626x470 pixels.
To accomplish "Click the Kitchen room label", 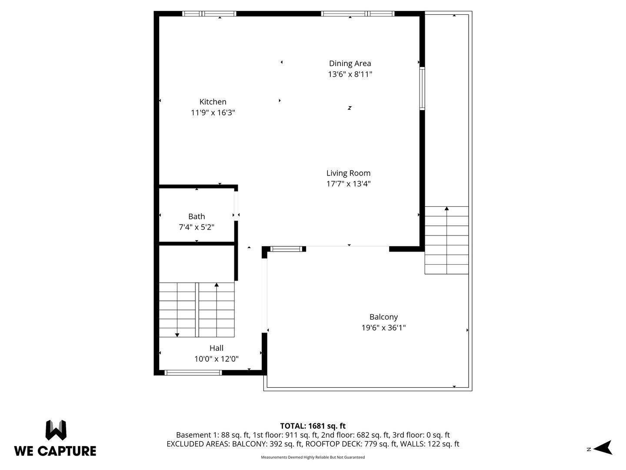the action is coord(213,101).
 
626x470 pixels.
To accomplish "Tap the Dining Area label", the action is coord(350,64).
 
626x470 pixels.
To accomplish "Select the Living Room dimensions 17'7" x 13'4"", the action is coord(348,184).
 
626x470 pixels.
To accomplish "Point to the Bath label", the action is coord(196,216).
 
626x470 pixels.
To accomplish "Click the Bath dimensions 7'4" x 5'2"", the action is coord(196,227).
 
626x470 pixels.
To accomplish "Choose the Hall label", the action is coord(216,348).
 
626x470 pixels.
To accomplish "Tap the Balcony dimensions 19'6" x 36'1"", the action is coord(383,328).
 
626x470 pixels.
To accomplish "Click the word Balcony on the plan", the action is coord(383,317).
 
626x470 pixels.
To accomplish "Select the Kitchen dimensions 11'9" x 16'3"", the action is coord(213,112).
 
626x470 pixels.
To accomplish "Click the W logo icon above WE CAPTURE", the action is coord(56,430).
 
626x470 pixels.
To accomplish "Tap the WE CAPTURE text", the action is coord(55,451).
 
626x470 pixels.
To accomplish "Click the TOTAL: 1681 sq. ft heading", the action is coord(313,426).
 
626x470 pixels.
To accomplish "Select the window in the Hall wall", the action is coord(193,373).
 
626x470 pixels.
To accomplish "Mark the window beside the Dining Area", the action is coord(422,88).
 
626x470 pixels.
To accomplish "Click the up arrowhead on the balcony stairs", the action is coord(446,208).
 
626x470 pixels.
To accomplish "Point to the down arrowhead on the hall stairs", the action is coord(177,335).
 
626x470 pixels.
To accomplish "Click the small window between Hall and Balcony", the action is coord(286,249).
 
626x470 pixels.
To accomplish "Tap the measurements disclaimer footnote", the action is coord(313,457).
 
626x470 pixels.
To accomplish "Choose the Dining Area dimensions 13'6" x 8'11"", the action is coord(350,74).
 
